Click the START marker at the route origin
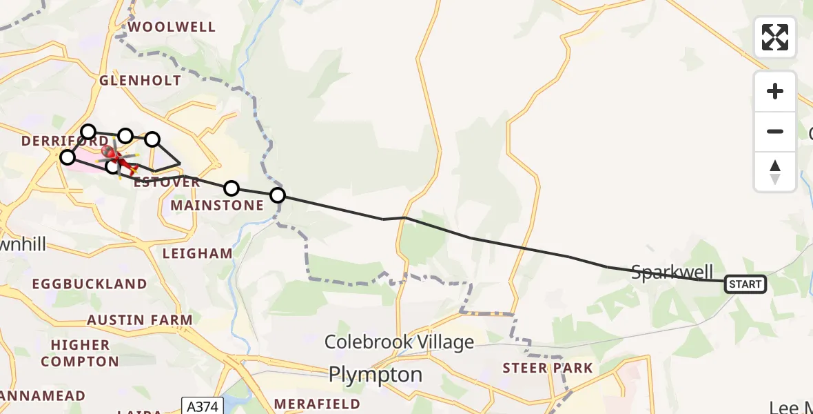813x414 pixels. click(745, 284)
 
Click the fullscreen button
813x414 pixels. click(775, 37)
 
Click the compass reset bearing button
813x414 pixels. click(775, 172)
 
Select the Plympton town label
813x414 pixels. click(375, 375)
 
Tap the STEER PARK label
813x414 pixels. click(548, 368)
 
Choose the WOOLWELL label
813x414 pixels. click(172, 27)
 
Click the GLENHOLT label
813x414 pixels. click(141, 80)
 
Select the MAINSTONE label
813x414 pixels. click(217, 205)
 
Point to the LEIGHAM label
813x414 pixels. click(198, 253)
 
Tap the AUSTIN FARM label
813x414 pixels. click(140, 320)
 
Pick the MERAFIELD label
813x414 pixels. click(317, 404)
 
